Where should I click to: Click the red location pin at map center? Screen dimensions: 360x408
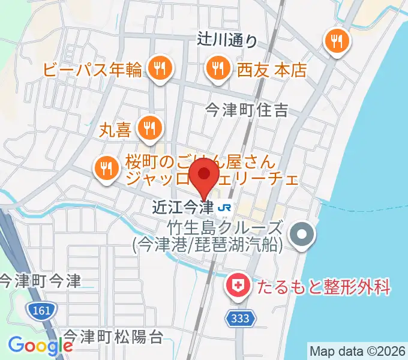point(204,175)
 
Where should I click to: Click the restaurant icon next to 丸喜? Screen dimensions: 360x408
point(148,127)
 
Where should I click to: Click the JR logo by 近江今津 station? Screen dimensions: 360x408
point(225,208)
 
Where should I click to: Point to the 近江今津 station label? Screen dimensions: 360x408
point(183,208)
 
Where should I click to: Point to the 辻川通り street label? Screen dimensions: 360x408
point(227,40)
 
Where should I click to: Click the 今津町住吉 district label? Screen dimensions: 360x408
point(247,109)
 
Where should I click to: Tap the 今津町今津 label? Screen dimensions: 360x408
point(40,281)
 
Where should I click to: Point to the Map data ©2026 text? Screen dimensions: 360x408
point(358,350)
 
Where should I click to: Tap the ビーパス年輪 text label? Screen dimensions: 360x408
point(92,70)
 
